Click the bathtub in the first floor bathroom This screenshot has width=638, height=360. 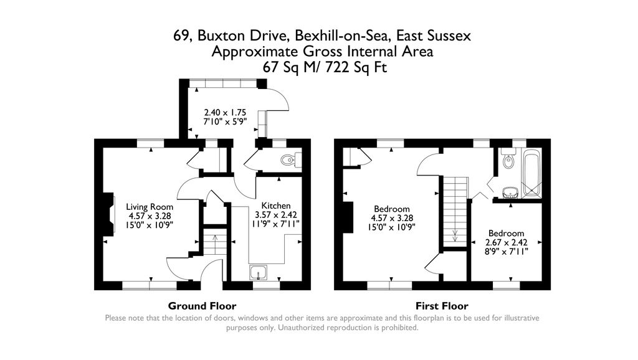tap(531, 173)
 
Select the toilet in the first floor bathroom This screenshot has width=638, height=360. tap(508, 161)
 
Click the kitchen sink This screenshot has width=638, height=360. tap(257, 272)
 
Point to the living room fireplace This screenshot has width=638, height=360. tap(110, 215)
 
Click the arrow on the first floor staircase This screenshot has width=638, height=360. tap(455, 235)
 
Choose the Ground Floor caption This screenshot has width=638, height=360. tap(202, 306)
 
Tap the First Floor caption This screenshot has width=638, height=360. tap(442, 306)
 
